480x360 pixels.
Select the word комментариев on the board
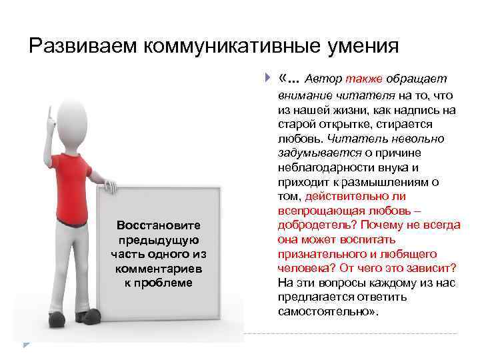[x=159, y=269]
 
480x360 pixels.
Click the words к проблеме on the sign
[x=159, y=283]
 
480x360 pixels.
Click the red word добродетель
[x=312, y=224]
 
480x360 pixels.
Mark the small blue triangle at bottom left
[x=26, y=344]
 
